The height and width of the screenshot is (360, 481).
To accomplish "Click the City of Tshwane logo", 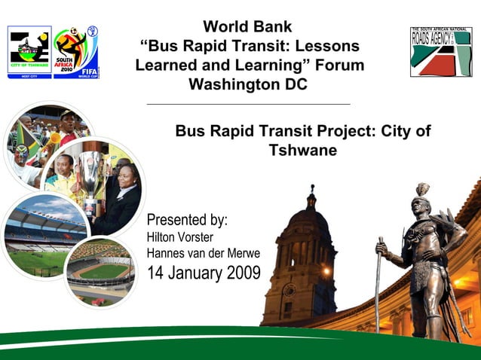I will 29,52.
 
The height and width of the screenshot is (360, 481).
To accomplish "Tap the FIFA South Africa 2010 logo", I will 76,52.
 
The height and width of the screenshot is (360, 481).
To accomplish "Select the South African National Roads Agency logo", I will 441,51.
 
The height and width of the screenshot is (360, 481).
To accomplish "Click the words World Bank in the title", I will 247,28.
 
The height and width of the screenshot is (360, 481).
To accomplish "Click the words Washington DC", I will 247,84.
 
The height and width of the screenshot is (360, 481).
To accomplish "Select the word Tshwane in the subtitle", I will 302,150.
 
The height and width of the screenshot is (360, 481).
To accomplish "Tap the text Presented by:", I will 187,220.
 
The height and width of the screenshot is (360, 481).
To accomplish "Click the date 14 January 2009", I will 204,272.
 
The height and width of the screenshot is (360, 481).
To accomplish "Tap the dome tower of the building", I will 310,226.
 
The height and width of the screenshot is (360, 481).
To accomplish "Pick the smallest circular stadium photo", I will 100,271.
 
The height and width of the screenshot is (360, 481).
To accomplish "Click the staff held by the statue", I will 379,286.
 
